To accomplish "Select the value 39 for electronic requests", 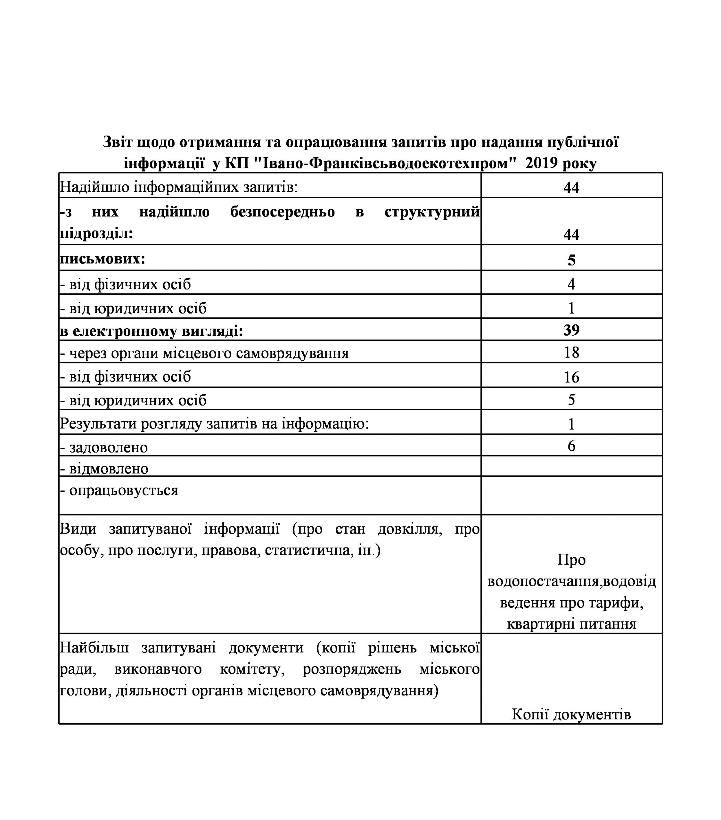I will pos(571,330).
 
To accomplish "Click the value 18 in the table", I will pos(571,352).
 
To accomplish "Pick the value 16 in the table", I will pos(571,377).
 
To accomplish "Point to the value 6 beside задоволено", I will pos(571,446).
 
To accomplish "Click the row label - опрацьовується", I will pos(119,490).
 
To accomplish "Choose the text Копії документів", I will pos(571,714).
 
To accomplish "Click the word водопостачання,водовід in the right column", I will pos(571,581).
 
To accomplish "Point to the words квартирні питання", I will pos(571,624).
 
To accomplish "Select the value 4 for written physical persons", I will pos(571,284).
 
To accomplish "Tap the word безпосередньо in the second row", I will pos(283,211).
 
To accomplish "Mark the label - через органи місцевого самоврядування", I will pos(205,353).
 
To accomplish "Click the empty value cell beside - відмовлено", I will pos(571,466).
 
